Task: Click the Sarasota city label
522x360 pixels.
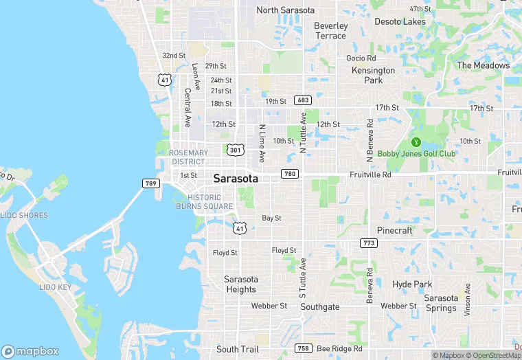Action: point(236,179)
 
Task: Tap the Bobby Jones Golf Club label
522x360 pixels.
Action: point(416,154)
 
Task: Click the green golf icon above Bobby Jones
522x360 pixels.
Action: point(415,142)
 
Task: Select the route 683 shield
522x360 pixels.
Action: point(302,100)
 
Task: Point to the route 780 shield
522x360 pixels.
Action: point(290,174)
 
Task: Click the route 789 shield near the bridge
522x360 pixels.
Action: point(151,183)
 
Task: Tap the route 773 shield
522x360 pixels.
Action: point(369,243)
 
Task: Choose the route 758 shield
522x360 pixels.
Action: point(303,349)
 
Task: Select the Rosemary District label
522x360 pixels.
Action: point(188,157)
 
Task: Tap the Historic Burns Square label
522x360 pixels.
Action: point(204,202)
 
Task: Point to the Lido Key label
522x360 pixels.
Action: point(54,286)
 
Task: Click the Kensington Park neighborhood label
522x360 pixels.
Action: point(373,75)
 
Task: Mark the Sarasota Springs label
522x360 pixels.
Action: point(440,303)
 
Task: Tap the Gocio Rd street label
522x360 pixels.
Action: point(361,58)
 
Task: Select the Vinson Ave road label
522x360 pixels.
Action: point(468,295)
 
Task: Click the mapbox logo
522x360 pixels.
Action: point(31,350)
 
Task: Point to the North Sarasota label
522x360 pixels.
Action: point(285,10)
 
